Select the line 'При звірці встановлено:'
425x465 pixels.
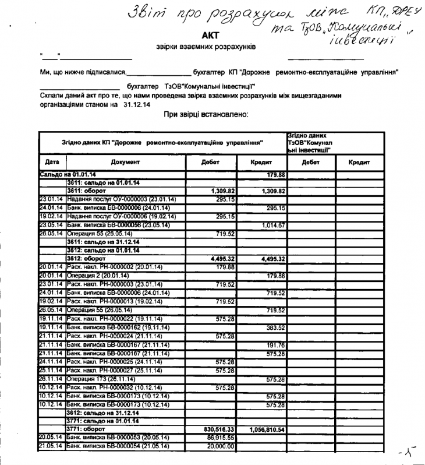tap(206, 114)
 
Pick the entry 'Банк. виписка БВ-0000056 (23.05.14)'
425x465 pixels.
tap(119, 224)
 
